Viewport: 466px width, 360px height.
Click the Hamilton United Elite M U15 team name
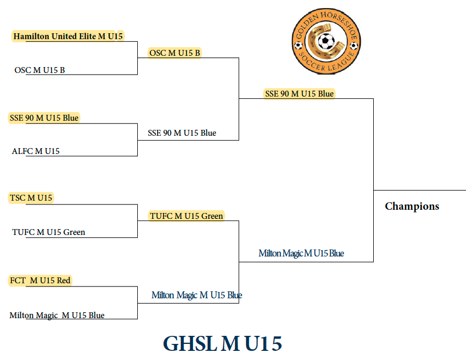[x=68, y=36]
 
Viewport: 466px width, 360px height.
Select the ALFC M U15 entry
[x=36, y=151]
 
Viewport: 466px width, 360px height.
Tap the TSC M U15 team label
[x=31, y=197]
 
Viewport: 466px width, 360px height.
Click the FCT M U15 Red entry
[x=40, y=281]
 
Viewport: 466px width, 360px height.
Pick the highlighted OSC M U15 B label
[x=175, y=53]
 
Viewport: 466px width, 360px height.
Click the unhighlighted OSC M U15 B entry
[x=40, y=70]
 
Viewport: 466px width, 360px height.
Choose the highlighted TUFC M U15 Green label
[x=186, y=216]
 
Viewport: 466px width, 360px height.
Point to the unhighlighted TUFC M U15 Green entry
[x=49, y=232]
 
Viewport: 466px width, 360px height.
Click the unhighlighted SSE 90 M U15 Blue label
[x=182, y=133]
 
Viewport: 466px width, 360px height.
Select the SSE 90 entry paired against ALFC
[x=44, y=118]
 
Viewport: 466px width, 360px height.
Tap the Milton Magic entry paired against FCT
[x=57, y=315]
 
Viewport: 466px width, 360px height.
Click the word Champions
[x=412, y=207]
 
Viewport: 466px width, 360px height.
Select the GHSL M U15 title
[x=223, y=344]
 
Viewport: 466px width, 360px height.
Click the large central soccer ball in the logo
[x=327, y=41]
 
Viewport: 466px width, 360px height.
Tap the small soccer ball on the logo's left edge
[x=298, y=46]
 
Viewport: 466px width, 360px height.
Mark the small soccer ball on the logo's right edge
[x=354, y=46]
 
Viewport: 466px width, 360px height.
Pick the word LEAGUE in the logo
[x=342, y=62]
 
